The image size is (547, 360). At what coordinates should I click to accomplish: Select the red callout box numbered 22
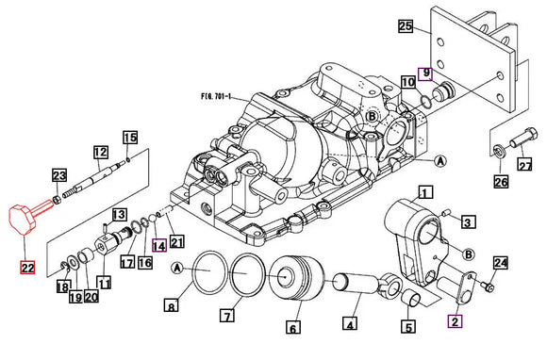coord(28,268)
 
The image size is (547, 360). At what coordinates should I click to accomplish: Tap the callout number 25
coord(406,26)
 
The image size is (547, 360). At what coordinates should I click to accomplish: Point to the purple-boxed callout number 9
coord(425,74)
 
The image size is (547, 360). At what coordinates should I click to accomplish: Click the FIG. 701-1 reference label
coord(216,96)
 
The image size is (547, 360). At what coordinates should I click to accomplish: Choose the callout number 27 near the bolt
coord(525,164)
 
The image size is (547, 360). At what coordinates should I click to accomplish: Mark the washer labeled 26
coord(500,152)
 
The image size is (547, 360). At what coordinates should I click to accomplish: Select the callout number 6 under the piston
coord(293,328)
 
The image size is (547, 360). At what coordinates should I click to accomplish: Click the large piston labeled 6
coord(296,278)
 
